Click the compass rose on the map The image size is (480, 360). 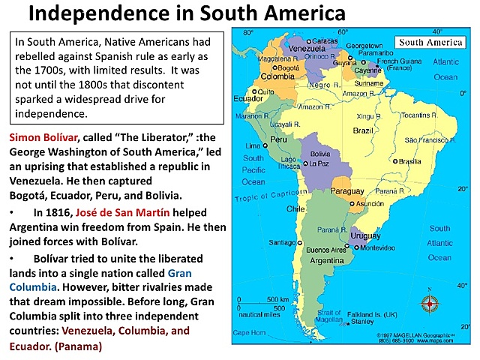[x=430, y=304]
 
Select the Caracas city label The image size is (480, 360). [x=325, y=39]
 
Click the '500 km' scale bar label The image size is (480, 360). [x=279, y=298]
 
